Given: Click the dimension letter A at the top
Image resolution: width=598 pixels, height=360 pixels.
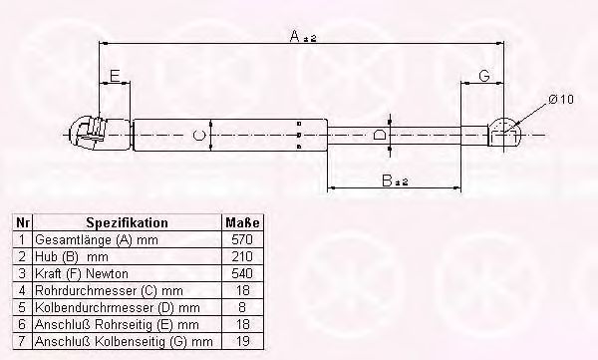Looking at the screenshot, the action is click(x=295, y=36).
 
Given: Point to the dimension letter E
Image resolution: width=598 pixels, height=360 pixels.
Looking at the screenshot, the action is click(x=115, y=76).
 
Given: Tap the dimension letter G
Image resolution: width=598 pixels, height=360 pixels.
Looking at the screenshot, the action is click(x=484, y=76).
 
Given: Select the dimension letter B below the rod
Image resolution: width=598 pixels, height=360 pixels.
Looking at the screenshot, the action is click(x=387, y=180).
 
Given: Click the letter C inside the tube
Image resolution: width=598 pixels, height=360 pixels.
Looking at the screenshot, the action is click(x=198, y=136).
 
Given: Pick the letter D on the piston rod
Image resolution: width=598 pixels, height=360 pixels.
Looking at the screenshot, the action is click(x=379, y=135).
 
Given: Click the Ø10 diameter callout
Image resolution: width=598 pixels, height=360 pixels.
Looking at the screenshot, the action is click(x=561, y=100).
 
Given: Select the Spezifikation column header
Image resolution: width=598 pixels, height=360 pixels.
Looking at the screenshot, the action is click(x=127, y=222).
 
